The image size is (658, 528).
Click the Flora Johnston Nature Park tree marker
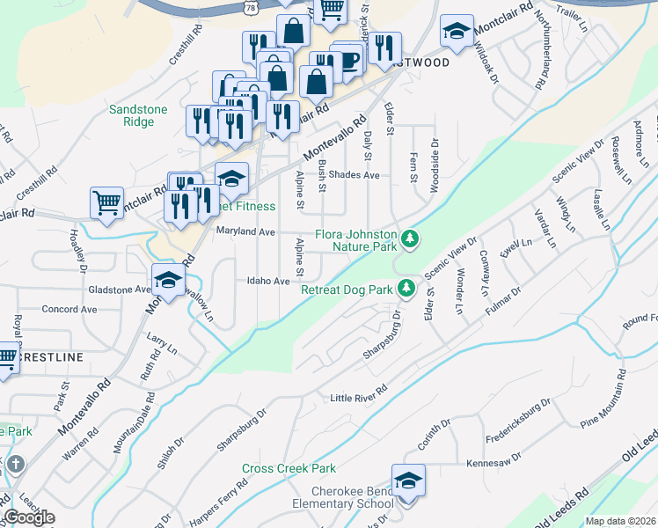point(409,238)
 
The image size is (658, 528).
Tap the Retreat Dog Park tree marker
point(406,288)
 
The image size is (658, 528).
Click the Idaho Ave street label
point(269,281)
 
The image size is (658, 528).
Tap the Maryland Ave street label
point(245,231)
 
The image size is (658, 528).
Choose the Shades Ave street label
point(354,175)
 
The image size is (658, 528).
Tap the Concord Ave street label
point(69,310)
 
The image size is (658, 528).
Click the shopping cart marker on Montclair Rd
point(107,202)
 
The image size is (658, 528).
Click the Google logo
point(29,517)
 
